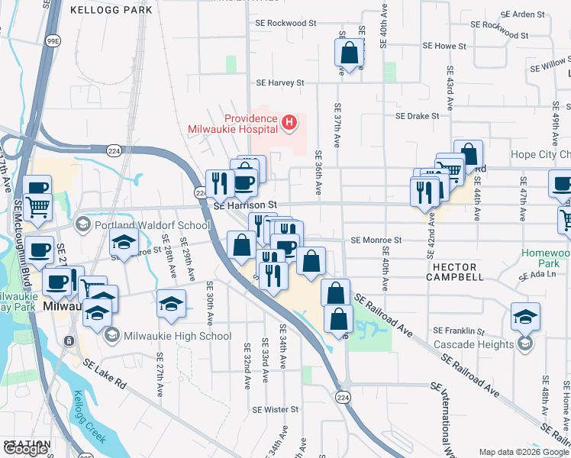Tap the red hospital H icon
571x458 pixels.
(289, 121)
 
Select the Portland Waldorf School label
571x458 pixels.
(152, 225)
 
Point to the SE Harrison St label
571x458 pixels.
(244, 205)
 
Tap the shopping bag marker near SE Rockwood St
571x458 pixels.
(349, 53)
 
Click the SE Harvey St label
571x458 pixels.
(280, 82)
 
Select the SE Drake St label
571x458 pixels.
(417, 116)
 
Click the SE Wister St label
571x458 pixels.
(272, 409)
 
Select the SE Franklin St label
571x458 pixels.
(459, 331)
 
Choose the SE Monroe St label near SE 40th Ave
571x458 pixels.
(376, 240)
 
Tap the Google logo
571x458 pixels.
(25, 449)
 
